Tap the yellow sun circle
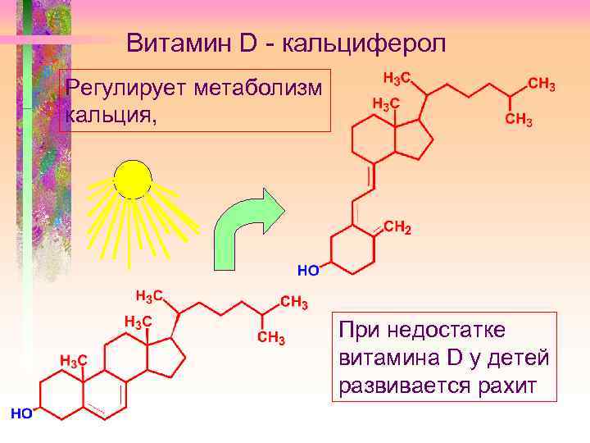(133, 179)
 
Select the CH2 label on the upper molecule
(397, 229)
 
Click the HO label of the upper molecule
(307, 268)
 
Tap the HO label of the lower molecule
(20, 413)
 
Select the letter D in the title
(249, 43)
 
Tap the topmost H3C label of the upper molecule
(397, 79)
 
